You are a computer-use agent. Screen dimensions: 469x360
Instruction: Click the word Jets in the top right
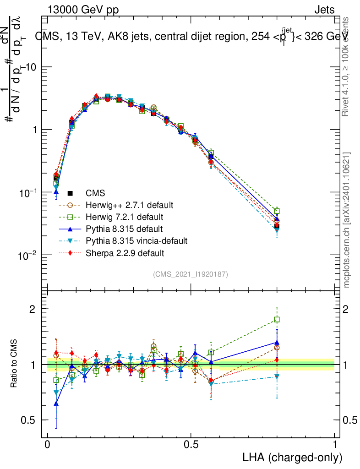tap(324, 10)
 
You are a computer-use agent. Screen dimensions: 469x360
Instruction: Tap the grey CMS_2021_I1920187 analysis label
tap(191, 274)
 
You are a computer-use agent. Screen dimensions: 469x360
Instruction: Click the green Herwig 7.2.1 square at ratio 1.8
tap(277, 319)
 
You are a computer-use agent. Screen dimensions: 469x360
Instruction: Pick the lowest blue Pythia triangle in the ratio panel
tap(56, 404)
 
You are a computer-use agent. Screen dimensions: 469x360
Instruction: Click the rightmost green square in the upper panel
tap(277, 211)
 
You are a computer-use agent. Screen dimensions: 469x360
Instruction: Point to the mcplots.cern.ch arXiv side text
tap(347, 220)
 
